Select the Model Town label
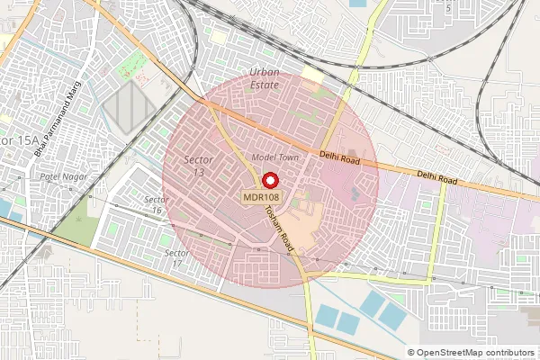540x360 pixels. click(x=274, y=157)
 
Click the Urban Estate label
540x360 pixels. click(x=264, y=78)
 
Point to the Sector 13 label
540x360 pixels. click(x=198, y=166)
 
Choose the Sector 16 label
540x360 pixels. click(x=157, y=204)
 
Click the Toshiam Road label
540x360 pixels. click(x=280, y=226)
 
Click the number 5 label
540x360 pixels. click(x=449, y=7)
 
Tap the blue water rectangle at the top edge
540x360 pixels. click(x=357, y=4)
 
